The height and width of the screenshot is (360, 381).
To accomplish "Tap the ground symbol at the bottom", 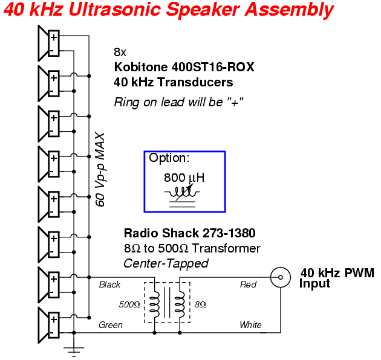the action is (x=74, y=352).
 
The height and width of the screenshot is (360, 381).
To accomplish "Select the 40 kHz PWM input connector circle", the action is (x=281, y=277).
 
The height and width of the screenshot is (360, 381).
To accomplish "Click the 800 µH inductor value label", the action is (x=184, y=178).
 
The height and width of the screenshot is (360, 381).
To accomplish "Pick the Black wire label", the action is (x=109, y=284).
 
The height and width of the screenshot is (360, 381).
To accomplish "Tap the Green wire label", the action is (x=111, y=325).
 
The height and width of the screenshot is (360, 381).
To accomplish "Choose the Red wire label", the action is (x=248, y=284).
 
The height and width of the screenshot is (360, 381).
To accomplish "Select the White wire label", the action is (x=250, y=325).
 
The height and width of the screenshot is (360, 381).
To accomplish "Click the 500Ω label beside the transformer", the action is (x=129, y=304).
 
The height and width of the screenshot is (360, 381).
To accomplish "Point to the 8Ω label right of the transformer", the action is (x=200, y=304).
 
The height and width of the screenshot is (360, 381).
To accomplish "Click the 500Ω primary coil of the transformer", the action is (x=155, y=304).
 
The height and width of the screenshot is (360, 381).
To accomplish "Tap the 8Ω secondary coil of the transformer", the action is (x=180, y=304).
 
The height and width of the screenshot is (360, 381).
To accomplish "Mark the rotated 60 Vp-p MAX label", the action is (x=100, y=170).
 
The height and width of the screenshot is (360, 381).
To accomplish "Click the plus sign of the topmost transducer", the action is (x=54, y=37).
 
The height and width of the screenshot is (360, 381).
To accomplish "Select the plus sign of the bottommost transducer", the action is (x=54, y=320).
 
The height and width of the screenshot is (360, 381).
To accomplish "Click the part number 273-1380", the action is (x=229, y=233).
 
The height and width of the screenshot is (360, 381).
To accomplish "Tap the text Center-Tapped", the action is (x=166, y=263).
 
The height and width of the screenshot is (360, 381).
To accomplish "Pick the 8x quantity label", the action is (x=120, y=52).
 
